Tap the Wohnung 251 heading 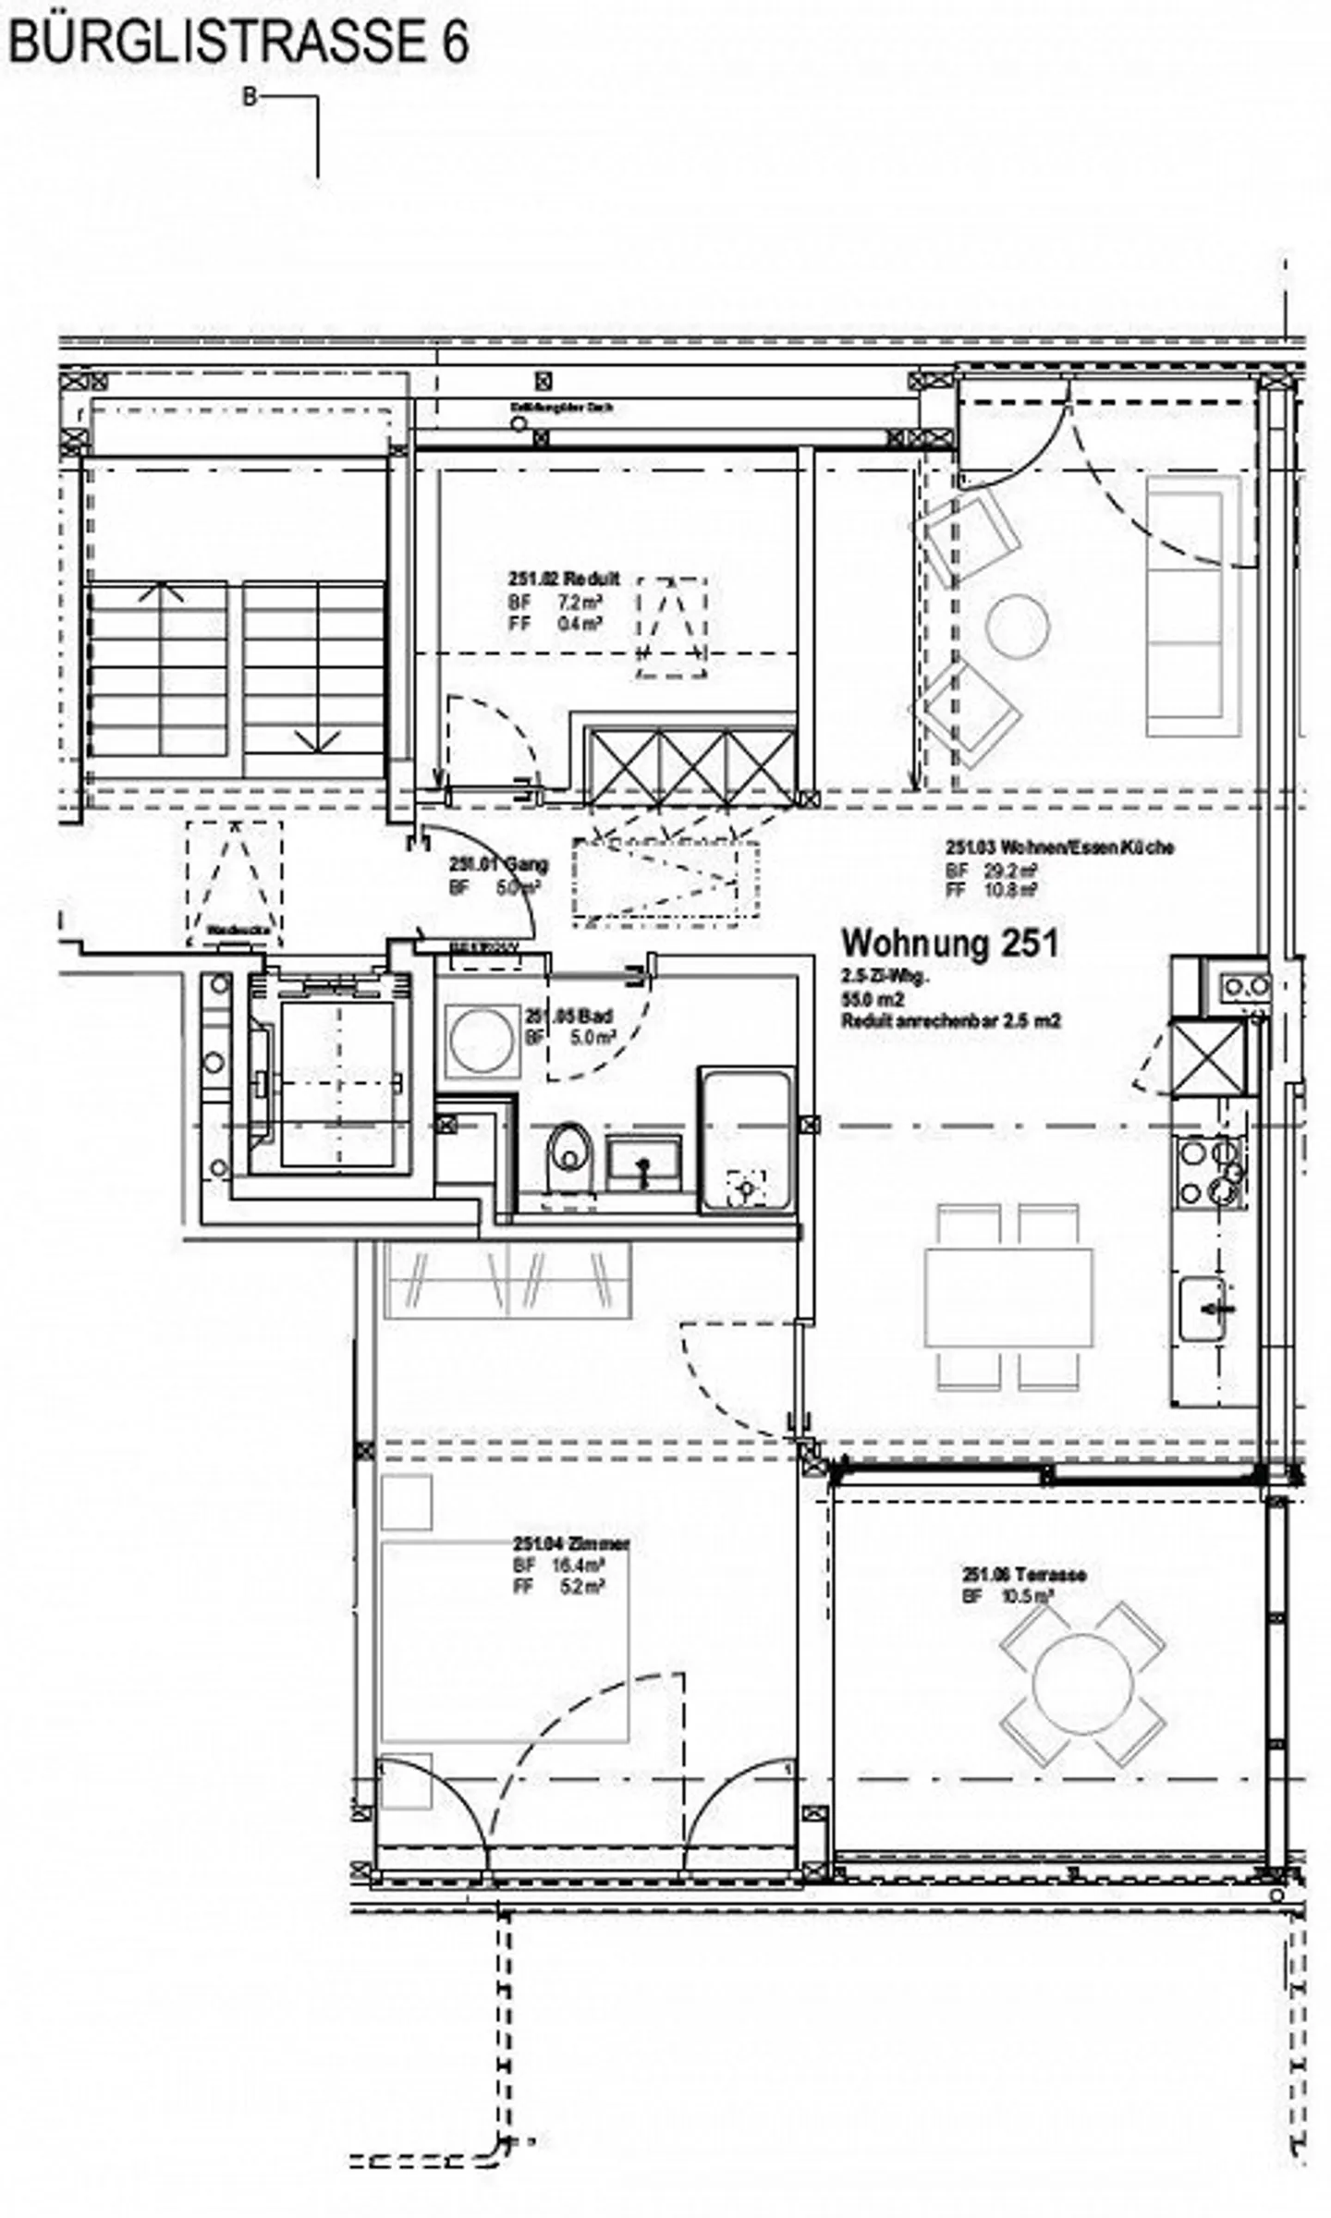[x=949, y=944]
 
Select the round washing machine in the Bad [x=480, y=1042]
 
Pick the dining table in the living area [x=1008, y=1297]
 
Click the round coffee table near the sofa [x=1017, y=626]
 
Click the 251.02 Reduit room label [x=564, y=579]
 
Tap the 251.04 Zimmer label [x=572, y=1544]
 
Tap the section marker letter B [x=250, y=97]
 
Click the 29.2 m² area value [x=1015, y=870]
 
